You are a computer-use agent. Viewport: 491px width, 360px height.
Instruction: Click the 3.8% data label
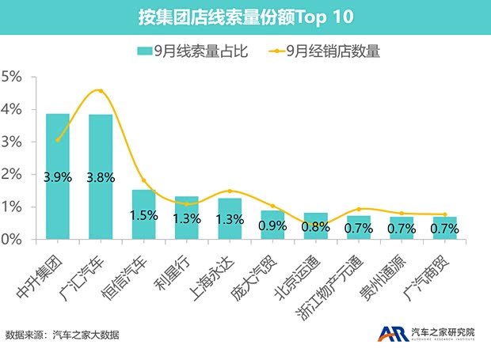[100, 177]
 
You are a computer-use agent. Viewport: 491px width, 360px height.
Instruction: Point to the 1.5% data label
[143, 215]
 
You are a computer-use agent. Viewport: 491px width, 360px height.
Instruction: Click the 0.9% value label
[272, 225]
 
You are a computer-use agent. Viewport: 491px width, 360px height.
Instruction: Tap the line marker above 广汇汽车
[100, 91]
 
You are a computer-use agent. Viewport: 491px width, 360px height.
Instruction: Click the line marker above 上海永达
[229, 191]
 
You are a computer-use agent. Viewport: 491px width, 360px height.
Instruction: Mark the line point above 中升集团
[57, 139]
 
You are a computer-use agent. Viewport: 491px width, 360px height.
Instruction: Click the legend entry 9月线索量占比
[193, 51]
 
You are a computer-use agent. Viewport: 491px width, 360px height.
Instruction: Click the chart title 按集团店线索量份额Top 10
[246, 17]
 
